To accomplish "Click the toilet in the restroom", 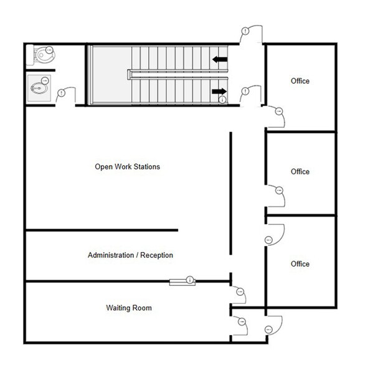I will [x=42, y=54].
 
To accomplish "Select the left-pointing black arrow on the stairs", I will [x=219, y=60].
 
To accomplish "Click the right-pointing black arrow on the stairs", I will [x=219, y=91].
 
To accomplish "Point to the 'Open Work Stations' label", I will [x=127, y=167].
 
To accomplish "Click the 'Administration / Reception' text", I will [x=130, y=255].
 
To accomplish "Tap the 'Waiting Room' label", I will [x=128, y=308].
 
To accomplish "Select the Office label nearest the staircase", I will [x=300, y=81].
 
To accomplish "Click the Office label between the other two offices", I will [x=300, y=172].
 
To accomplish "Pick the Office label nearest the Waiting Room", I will [x=300, y=264].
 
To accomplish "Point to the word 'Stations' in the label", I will [x=146, y=167].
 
